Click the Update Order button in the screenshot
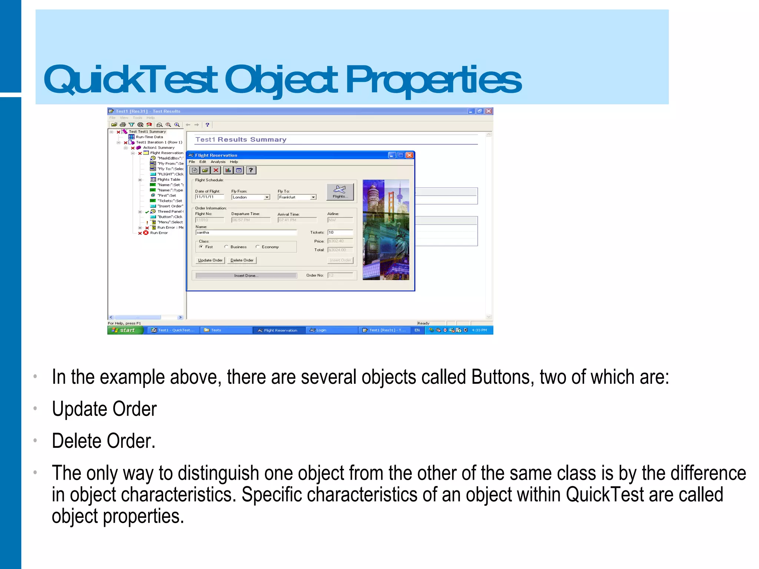click(210, 260)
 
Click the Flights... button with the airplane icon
click(340, 192)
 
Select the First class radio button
click(201, 247)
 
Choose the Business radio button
click(226, 247)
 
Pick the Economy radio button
click(257, 247)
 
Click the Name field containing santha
click(246, 233)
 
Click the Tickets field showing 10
click(340, 233)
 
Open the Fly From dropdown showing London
click(266, 197)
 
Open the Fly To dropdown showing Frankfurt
click(313, 197)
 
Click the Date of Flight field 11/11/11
click(209, 197)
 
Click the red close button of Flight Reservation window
click(409, 155)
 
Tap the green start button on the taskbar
click(125, 330)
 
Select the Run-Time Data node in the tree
click(149, 137)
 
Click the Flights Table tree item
click(169, 180)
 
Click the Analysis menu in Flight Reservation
click(218, 162)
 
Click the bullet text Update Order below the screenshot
click(105, 409)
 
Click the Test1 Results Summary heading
click(241, 140)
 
